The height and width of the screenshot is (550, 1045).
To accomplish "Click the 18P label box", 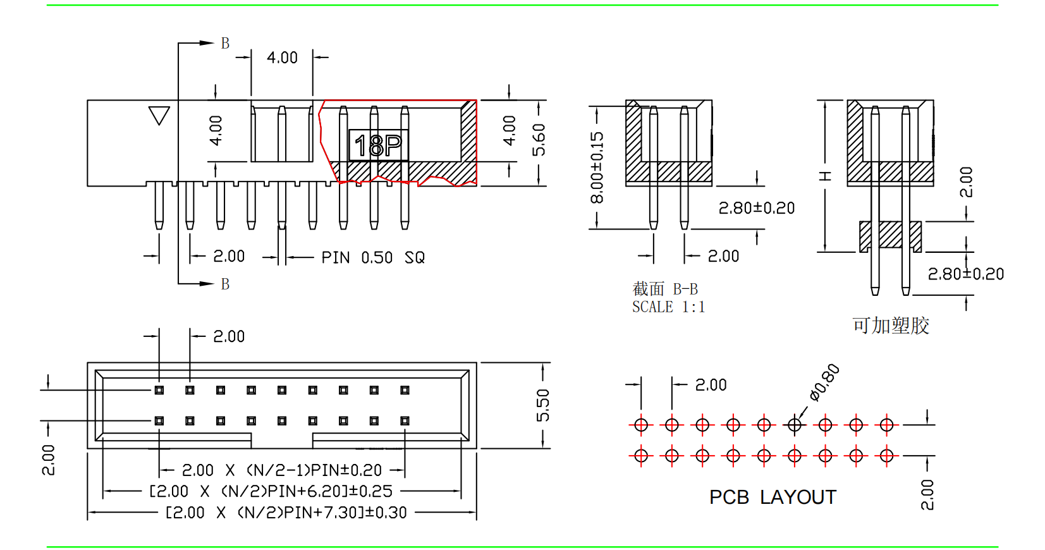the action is pos(378,145).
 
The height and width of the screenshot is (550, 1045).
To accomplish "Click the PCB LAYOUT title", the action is pos(773,498).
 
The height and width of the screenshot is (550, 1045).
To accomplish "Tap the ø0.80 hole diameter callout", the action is pos(824,382).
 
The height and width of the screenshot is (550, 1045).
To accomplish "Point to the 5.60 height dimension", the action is pos(539,140).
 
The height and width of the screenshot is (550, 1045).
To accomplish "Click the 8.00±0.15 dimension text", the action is pos(597,168).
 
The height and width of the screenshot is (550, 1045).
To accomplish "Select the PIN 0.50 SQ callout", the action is pos(373,257).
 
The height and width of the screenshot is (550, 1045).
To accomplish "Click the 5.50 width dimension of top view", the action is pos(542,405).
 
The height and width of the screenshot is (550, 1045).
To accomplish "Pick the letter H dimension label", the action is pos(825,176).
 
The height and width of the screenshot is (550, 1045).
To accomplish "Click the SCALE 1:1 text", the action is pos(668,307).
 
